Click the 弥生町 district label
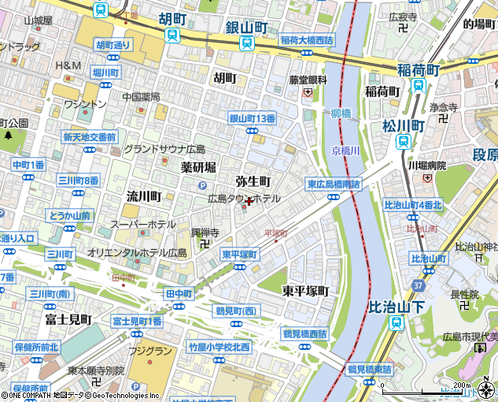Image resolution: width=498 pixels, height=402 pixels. (253, 181)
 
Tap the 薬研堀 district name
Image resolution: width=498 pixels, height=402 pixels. (197, 167)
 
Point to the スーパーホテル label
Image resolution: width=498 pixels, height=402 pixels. (142, 225)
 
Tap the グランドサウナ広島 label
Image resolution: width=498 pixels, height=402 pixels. (164, 149)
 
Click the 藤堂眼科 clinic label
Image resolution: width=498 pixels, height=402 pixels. (307, 80)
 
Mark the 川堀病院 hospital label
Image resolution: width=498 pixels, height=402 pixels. (426, 166)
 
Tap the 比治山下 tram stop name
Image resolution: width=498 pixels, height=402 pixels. (397, 305)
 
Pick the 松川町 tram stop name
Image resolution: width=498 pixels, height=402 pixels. (403, 125)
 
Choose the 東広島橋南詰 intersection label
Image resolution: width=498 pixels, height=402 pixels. (334, 184)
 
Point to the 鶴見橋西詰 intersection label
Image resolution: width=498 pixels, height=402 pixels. (304, 333)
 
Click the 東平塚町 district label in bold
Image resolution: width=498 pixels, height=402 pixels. (305, 291)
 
